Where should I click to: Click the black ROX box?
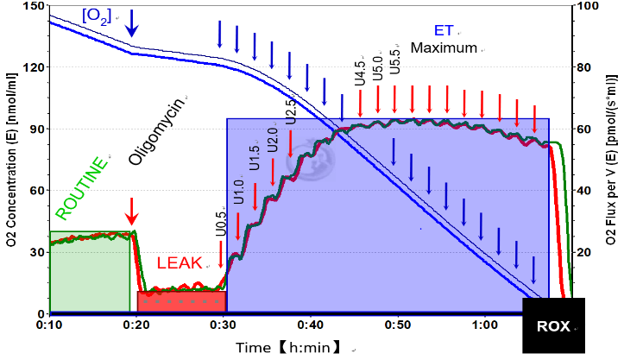point(553,326)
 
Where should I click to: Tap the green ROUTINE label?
point(83,188)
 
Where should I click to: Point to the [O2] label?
point(96,15)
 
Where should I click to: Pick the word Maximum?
point(443,48)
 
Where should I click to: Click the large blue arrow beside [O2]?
point(131,24)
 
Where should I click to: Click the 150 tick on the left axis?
point(35,7)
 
